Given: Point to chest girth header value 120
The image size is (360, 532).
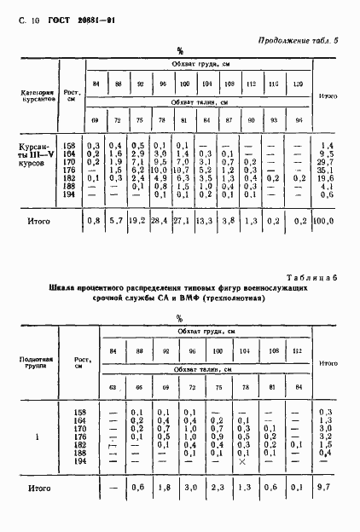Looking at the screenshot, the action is pyautogui.click(x=298, y=84).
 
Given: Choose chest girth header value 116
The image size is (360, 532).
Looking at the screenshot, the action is pyautogui.click(x=272, y=84).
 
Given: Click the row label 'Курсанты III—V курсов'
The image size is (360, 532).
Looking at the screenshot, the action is pyautogui.click(x=40, y=154).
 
